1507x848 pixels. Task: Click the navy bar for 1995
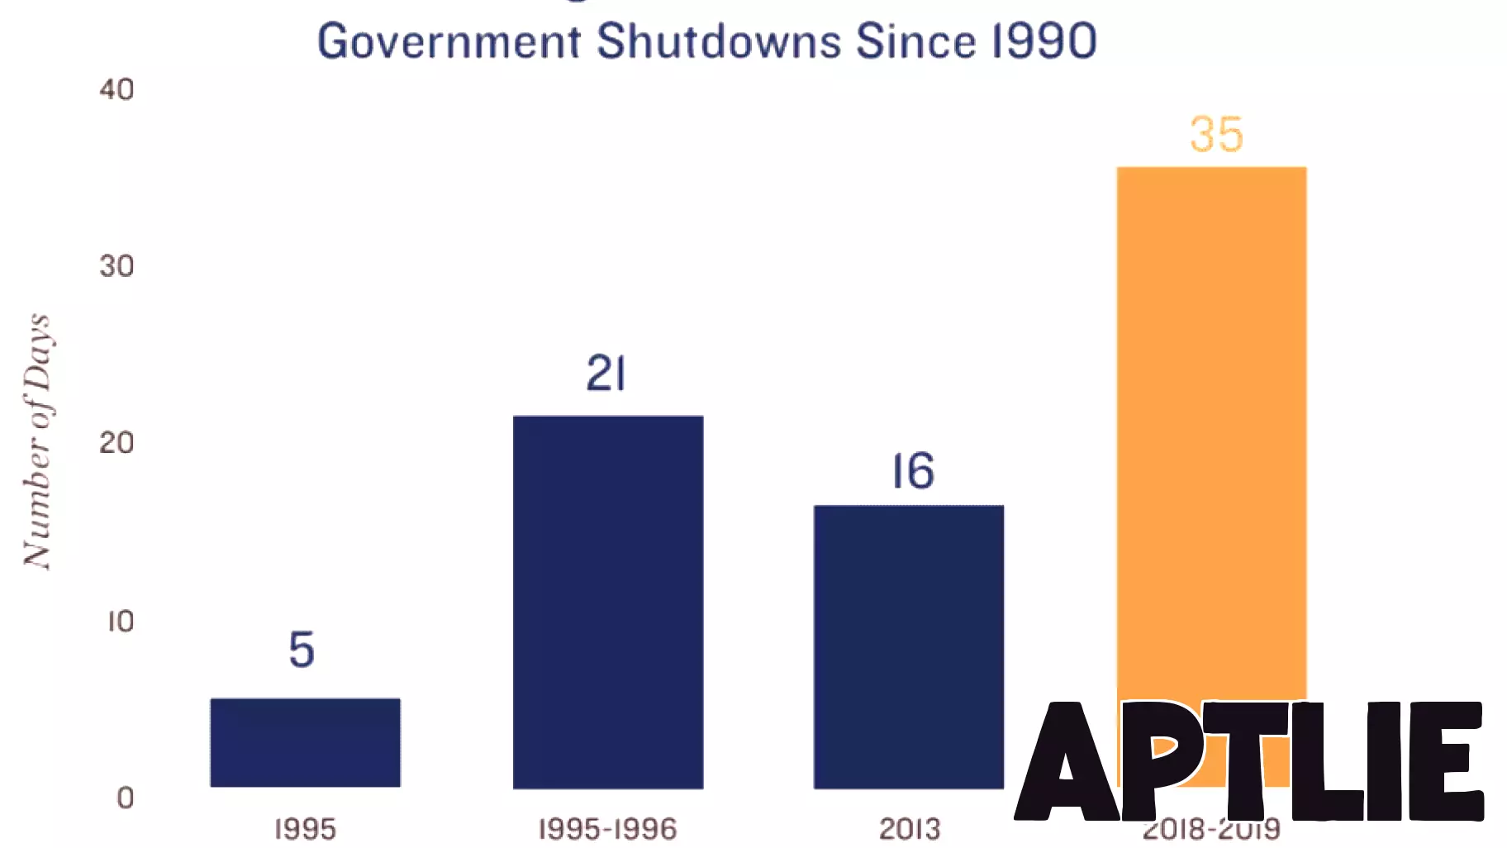click(x=305, y=742)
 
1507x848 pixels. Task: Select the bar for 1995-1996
click(x=608, y=602)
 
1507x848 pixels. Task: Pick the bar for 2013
click(x=909, y=646)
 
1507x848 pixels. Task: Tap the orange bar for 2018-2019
click(x=1211, y=430)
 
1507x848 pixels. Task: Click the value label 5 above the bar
click(x=302, y=649)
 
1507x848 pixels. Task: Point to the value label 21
click(x=606, y=374)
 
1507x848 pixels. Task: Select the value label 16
click(x=913, y=471)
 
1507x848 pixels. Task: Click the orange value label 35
click(x=1216, y=134)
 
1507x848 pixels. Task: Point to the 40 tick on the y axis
click(x=116, y=89)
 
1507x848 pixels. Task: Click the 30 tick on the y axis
click(x=116, y=266)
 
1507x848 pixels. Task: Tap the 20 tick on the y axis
click(x=116, y=443)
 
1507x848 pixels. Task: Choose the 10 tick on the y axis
click(x=121, y=621)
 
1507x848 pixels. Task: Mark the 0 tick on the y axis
click(x=125, y=798)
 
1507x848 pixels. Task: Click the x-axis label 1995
click(x=305, y=829)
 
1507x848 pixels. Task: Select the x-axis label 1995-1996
click(x=607, y=829)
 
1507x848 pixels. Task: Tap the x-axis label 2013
click(x=909, y=829)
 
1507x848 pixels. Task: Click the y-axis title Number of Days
click(x=37, y=441)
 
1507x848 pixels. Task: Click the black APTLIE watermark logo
click(x=1249, y=760)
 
